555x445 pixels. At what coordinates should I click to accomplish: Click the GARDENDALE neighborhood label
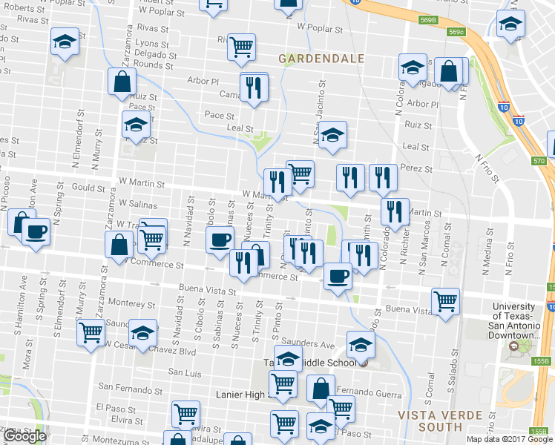[321, 58]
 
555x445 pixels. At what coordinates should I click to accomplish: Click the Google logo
[24, 436]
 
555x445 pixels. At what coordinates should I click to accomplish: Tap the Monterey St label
[131, 303]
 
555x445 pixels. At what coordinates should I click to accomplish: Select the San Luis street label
[185, 372]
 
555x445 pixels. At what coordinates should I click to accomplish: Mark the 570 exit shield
[539, 161]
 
